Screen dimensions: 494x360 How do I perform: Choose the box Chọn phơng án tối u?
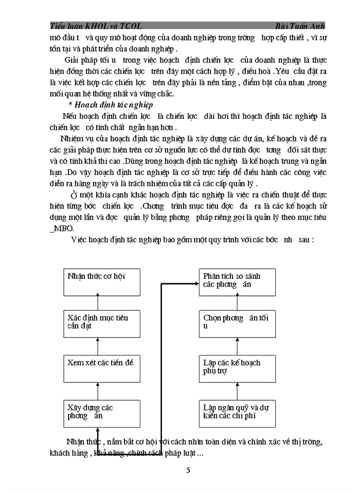click(x=237, y=323)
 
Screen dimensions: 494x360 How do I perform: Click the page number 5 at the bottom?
click(x=188, y=470)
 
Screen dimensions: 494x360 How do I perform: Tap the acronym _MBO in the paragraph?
click(x=62, y=228)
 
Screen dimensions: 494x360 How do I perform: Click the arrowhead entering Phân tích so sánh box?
click(x=195, y=283)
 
